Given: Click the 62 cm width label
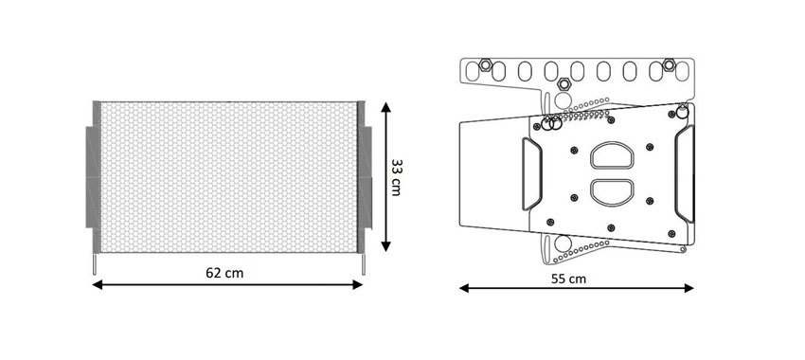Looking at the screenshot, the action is coord(224,273).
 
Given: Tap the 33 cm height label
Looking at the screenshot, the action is coord(396,177).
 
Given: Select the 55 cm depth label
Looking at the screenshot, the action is coord(568,279).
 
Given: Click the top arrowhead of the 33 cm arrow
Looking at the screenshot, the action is coord(386,107).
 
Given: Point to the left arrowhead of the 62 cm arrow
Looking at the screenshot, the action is coord(97,284).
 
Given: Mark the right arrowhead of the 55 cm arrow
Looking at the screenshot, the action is coord(689,288).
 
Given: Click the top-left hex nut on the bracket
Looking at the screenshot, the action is coord(485,65).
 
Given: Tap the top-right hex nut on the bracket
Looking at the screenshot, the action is coord(669,64).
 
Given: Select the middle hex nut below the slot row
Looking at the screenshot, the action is coord(564,83).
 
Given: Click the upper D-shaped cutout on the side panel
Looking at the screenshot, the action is coord(612,155).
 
